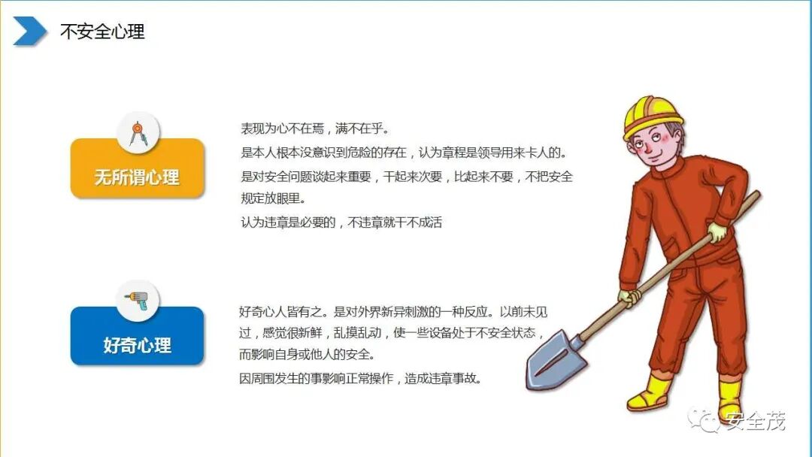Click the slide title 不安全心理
click(102, 32)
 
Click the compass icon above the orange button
click(138, 133)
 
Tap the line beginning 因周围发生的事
click(360, 378)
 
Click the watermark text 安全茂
click(756, 422)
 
